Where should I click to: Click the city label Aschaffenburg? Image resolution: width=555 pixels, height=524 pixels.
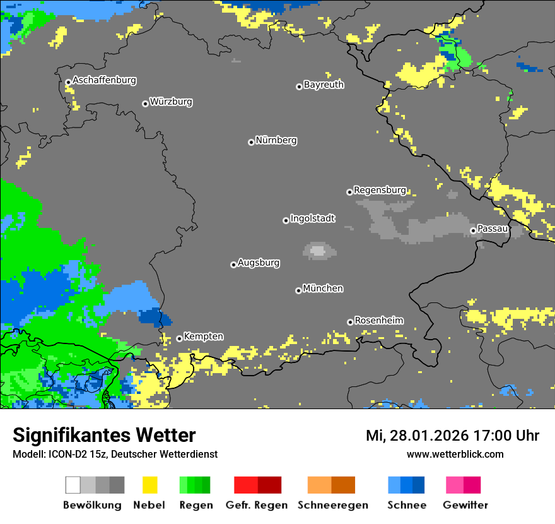104,80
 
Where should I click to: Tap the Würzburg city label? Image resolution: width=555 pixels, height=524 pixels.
171,102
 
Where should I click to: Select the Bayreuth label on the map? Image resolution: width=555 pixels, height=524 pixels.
324,85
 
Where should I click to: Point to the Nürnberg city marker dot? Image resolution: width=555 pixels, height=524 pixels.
251,142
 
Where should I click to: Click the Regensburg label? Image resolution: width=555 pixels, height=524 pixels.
380,190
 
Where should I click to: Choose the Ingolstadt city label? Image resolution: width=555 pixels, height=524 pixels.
313,218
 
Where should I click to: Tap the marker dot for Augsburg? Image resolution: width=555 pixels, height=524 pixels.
233,265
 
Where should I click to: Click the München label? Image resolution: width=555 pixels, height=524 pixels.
323,289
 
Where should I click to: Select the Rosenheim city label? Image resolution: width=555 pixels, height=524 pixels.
378,320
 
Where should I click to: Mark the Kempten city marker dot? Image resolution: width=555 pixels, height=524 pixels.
179,338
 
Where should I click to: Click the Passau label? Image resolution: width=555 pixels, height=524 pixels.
493,229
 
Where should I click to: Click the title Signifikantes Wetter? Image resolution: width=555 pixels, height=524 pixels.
104,436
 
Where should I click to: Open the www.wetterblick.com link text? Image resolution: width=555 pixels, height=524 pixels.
455,454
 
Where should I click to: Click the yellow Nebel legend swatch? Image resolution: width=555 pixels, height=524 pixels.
149,485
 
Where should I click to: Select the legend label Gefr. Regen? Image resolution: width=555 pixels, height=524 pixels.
257,505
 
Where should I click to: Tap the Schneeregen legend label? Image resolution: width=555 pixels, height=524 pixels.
331,505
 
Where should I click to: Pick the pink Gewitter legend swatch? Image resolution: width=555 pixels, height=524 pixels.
454,485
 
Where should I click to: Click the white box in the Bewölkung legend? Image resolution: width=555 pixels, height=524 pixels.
73,485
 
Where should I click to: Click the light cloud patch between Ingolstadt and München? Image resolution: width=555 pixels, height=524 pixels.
318,251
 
